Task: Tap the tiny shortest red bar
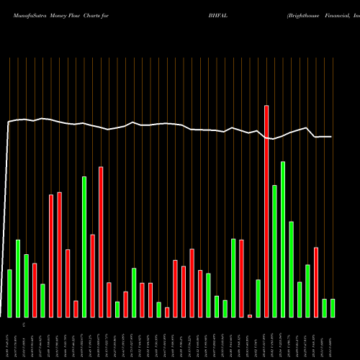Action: [x=250, y=315]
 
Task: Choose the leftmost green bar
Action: [x=9, y=293]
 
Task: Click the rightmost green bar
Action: [x=333, y=307]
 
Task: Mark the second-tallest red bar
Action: [x=101, y=242]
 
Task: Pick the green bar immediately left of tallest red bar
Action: [x=258, y=298]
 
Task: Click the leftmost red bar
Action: [x=35, y=290]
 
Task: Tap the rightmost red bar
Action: [x=316, y=282]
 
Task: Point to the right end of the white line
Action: [x=332, y=137]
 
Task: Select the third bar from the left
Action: [x=26, y=285]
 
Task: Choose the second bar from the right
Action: [x=325, y=307]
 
